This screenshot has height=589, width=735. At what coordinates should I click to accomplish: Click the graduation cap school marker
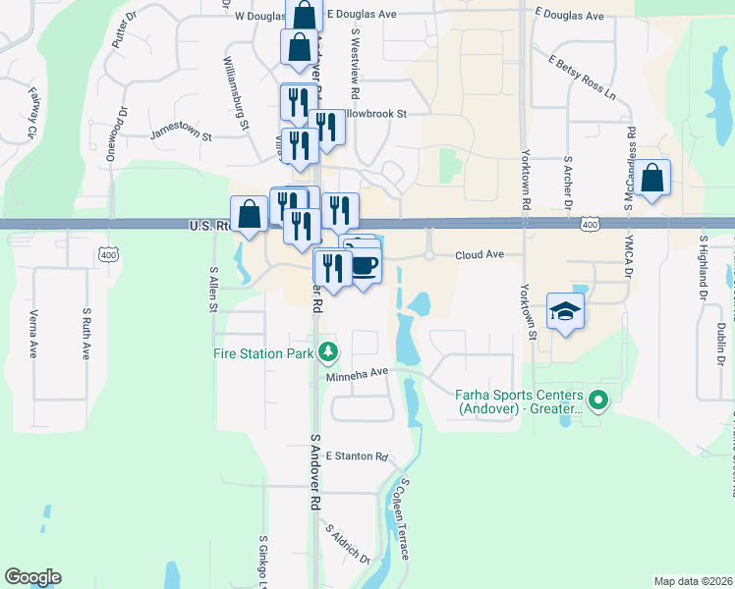565,310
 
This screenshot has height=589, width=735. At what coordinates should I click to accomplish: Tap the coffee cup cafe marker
365,264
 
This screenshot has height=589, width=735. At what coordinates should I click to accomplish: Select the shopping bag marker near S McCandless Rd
651,179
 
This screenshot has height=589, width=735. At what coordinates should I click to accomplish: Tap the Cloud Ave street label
479,254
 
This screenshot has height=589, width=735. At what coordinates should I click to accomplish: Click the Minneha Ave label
358,373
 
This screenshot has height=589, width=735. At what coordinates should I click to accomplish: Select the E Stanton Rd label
358,457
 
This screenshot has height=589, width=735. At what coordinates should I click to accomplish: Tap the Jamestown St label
181,134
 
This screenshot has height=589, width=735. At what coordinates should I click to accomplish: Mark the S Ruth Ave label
86,334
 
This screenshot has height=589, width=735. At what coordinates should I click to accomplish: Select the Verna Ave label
33,334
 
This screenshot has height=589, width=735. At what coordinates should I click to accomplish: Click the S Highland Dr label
703,264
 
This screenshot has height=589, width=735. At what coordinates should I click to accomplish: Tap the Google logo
32,577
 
